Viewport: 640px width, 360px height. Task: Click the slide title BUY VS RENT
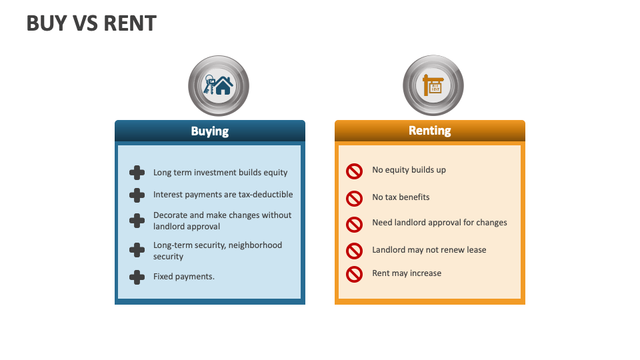click(91, 23)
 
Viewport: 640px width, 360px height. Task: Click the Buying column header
click(209, 131)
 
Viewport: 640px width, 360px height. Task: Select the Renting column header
click(429, 131)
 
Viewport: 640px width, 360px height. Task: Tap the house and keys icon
click(218, 85)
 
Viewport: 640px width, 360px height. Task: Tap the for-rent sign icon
click(433, 85)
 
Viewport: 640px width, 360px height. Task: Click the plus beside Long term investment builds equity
click(137, 173)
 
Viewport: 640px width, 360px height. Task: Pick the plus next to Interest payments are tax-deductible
click(137, 195)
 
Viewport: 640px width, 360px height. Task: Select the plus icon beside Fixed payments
click(137, 277)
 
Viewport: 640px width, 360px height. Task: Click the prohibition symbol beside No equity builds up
click(354, 171)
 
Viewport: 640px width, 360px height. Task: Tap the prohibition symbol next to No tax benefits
click(354, 198)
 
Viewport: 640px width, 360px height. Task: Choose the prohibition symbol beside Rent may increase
click(354, 274)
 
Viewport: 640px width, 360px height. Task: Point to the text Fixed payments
click(184, 277)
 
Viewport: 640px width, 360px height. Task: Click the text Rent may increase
click(407, 273)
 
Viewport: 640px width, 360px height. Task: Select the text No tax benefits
click(401, 197)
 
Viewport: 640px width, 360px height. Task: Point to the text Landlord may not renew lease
click(429, 250)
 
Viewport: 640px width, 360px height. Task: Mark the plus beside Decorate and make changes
click(137, 221)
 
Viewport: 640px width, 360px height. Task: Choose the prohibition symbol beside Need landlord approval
click(354, 224)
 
